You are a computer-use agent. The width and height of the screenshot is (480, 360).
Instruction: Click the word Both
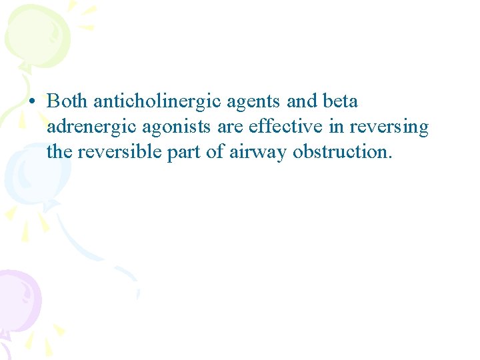coord(68,102)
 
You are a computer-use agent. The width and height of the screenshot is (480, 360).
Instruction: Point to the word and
coord(301,102)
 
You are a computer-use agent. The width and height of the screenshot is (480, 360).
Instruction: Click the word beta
coord(340,102)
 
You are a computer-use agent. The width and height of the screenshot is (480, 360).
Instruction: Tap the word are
coord(227,127)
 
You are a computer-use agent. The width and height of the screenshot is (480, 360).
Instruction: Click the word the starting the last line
coord(59,151)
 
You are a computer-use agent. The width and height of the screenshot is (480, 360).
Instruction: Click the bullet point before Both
coord(32,103)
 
